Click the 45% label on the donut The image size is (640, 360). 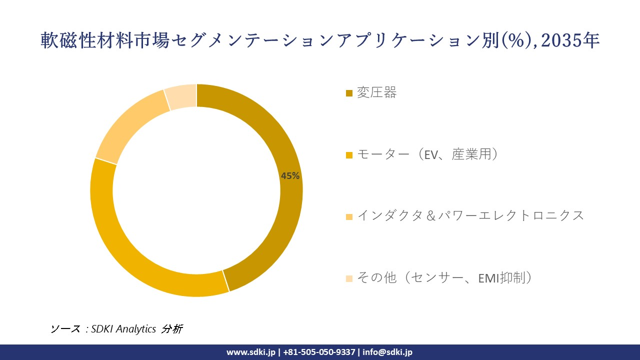[290, 176]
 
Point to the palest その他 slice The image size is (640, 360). [181, 96]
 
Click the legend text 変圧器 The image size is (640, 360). [376, 93]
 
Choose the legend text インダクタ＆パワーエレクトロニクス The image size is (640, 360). [470, 216]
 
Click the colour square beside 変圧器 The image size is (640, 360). [349, 93]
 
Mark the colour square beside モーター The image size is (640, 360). [349, 155]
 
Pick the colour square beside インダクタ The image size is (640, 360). [349, 216]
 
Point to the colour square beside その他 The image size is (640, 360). [349, 278]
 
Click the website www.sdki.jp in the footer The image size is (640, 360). [251, 352]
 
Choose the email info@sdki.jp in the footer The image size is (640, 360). [388, 352]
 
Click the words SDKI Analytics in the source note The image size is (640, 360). [124, 329]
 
